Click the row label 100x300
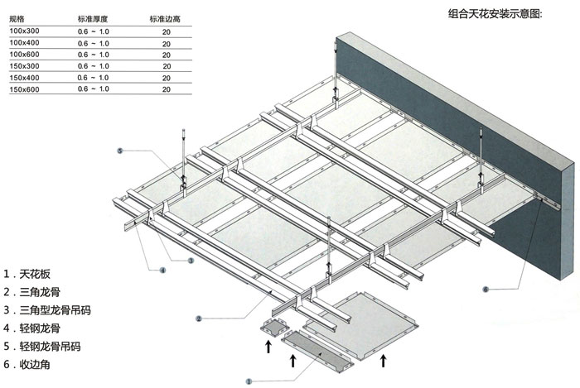click(x=24, y=30)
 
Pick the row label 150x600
click(x=24, y=88)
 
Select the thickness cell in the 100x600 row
click(x=94, y=53)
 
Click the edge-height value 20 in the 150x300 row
click(x=167, y=65)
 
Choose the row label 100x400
click(x=24, y=41)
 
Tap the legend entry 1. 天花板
click(x=33, y=274)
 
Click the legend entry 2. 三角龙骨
click(x=39, y=291)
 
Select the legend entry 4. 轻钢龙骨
click(x=39, y=328)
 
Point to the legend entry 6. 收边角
click(x=33, y=364)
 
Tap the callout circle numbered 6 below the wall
click(x=486, y=289)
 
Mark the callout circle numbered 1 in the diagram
click(x=249, y=381)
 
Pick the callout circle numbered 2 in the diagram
click(x=198, y=318)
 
